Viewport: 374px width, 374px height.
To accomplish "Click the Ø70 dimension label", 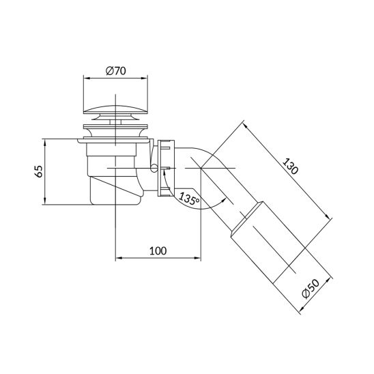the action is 116,71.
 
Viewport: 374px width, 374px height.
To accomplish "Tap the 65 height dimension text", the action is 39,171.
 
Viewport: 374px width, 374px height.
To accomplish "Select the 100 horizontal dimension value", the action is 158,250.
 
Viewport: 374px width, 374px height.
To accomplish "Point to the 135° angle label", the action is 189,199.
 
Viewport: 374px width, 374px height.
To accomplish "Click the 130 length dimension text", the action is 290,166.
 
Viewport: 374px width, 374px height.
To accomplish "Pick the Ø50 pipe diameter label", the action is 311,289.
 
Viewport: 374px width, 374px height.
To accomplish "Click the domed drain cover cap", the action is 115,109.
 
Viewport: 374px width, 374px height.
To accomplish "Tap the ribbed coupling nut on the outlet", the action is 167,168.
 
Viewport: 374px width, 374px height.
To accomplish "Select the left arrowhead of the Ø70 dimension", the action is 87,78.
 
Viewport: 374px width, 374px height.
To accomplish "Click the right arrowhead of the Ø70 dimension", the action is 145,78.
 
